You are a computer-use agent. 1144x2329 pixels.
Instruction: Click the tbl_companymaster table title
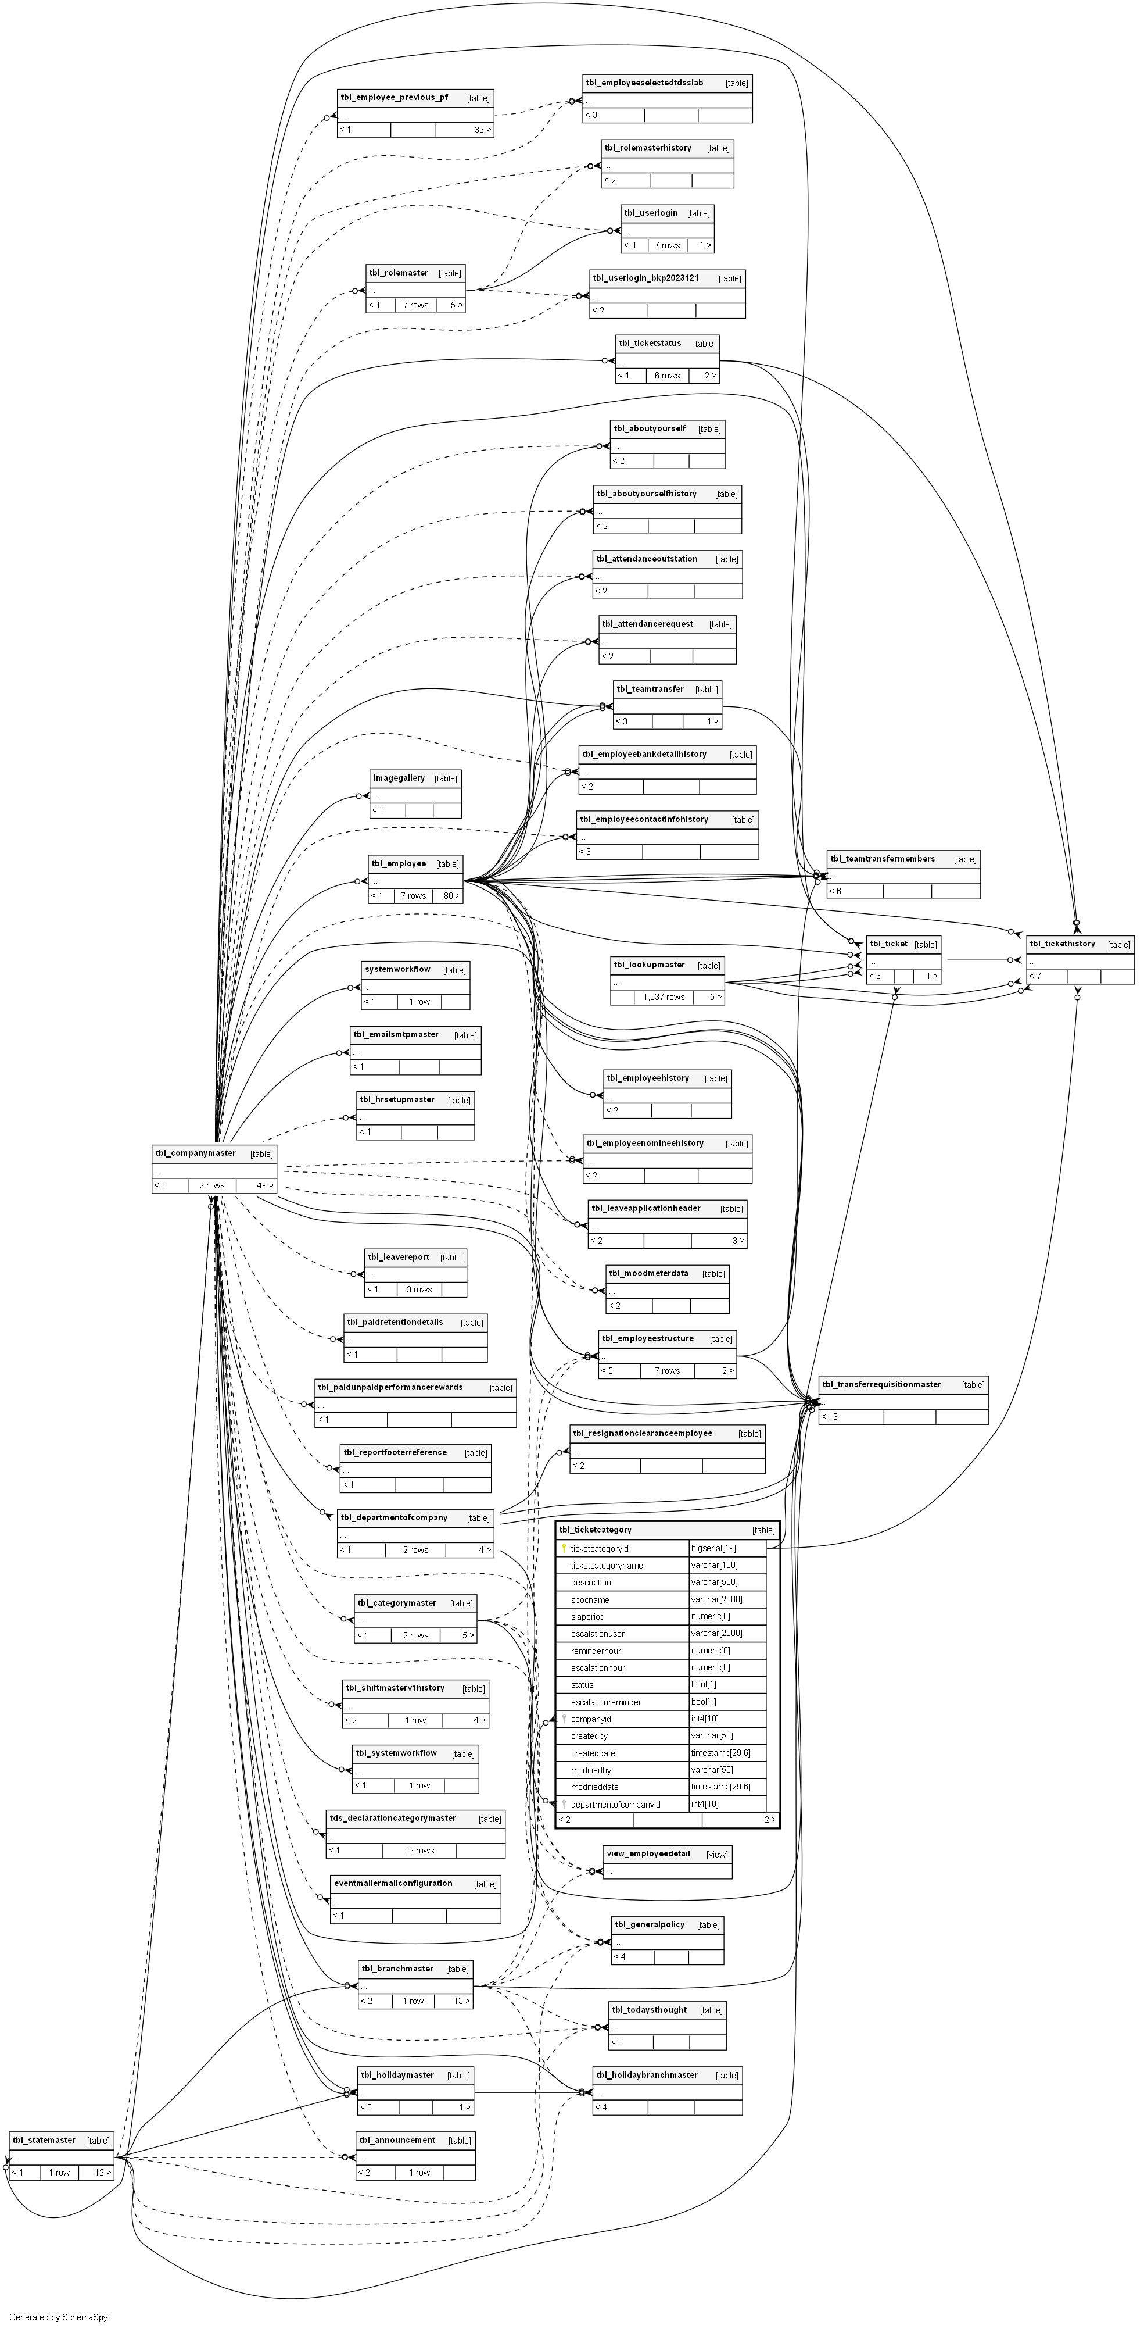coord(195,1153)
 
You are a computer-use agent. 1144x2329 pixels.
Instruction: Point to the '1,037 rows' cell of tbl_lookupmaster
coord(664,997)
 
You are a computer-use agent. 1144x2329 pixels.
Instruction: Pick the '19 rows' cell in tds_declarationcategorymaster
coord(419,1851)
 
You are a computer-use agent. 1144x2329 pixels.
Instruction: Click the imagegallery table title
coord(399,777)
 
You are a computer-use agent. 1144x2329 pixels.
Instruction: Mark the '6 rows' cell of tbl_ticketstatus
coord(667,375)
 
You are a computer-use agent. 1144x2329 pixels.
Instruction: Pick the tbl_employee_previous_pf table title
coord(393,97)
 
